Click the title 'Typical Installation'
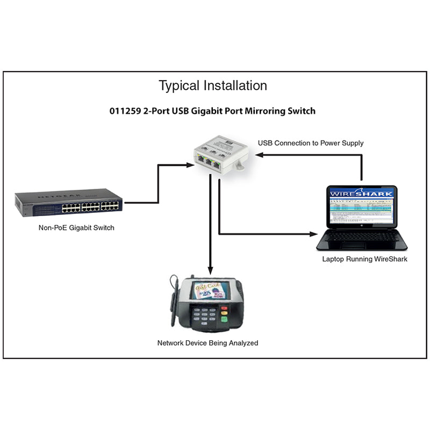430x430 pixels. [212, 85]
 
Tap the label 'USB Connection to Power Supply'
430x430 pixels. [311, 143]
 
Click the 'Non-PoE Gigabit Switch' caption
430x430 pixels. [76, 227]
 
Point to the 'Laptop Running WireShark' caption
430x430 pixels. [364, 259]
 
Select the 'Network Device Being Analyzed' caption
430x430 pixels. [207, 342]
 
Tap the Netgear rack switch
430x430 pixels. [69, 202]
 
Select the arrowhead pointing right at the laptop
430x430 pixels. [313, 234]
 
